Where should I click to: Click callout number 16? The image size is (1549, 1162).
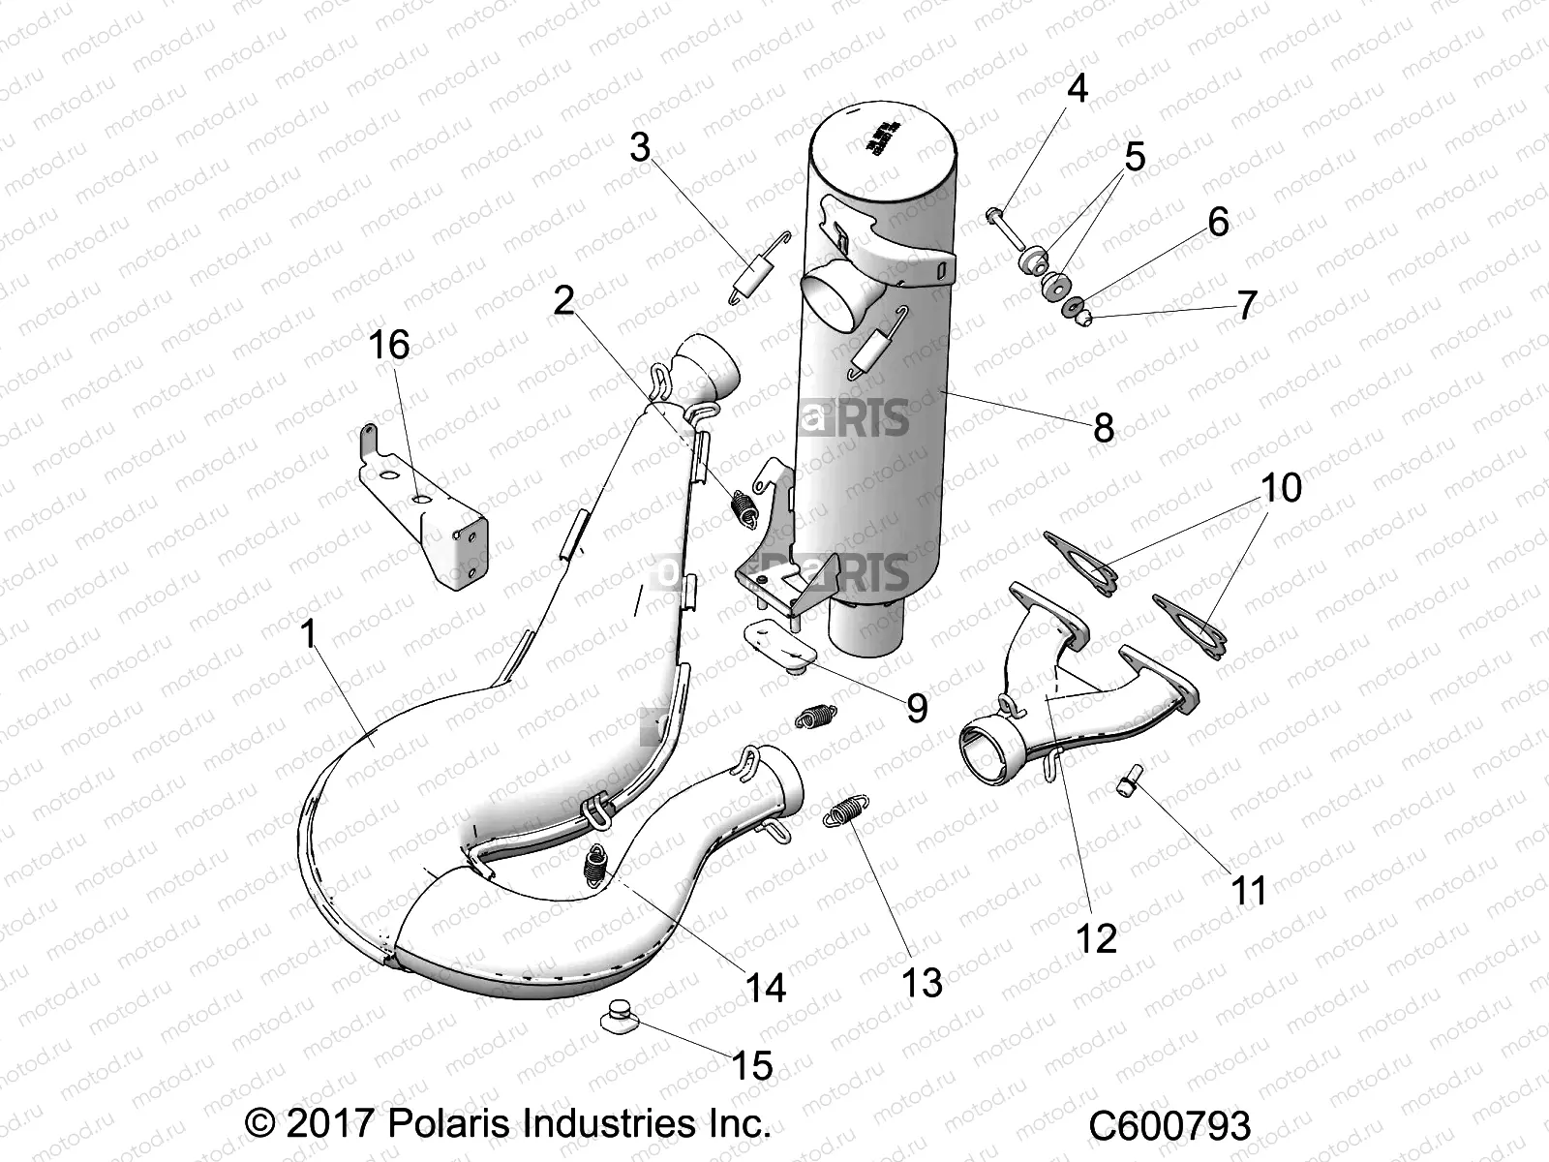tap(389, 345)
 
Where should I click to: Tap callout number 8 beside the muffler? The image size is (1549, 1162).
tap(1103, 427)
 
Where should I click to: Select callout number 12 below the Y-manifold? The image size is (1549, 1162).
tap(1097, 937)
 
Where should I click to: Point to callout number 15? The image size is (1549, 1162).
tap(752, 1066)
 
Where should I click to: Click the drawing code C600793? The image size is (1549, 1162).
tap(1169, 1126)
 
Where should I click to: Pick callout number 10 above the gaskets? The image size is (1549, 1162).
tap(1280, 488)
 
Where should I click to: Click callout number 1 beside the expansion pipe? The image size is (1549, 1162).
tap(308, 635)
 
